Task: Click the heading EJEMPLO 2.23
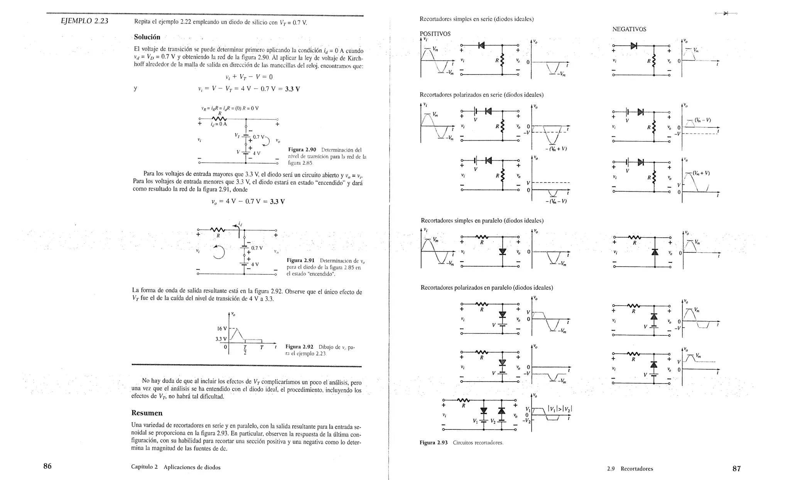click(84, 21)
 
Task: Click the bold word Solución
click(147, 37)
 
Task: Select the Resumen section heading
click(147, 413)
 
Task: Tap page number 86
click(47, 466)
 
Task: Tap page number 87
click(736, 468)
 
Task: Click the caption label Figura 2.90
click(302, 150)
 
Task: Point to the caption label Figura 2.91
click(300, 260)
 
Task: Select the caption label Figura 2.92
click(299, 347)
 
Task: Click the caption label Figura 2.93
click(434, 443)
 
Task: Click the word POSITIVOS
click(435, 34)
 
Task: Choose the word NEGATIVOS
click(629, 29)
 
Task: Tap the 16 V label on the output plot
click(222, 329)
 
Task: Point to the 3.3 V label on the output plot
click(221, 339)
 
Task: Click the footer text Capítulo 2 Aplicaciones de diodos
click(176, 467)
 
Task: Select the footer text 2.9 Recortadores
click(630, 469)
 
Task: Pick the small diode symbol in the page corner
click(726, 14)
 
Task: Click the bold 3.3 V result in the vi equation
click(292, 89)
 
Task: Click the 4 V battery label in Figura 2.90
click(256, 153)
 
